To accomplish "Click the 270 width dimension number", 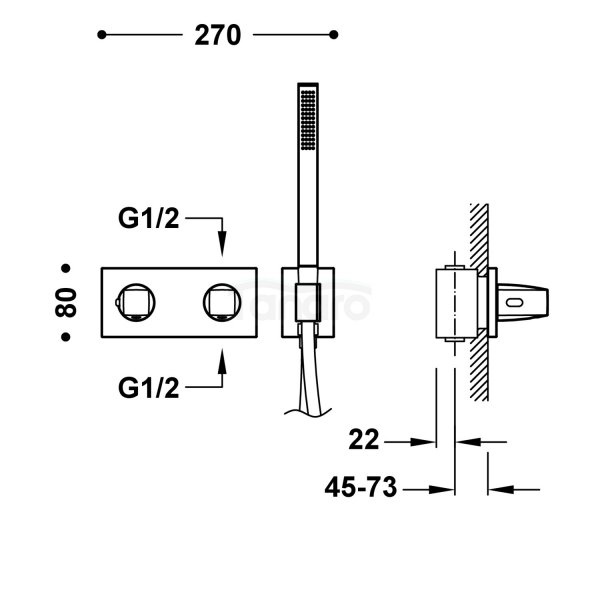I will click(x=217, y=36).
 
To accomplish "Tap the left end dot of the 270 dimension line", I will click(x=101, y=35).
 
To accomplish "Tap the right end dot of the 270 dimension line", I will click(x=333, y=35).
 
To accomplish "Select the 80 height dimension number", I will click(x=67, y=303).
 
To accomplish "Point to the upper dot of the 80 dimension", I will click(x=66, y=269).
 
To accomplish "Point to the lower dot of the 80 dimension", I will click(x=66, y=338).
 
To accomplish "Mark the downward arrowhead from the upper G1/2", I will click(x=222, y=244).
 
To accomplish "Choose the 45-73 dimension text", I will click(x=362, y=488).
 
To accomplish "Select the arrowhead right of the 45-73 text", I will click(x=445, y=489).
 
